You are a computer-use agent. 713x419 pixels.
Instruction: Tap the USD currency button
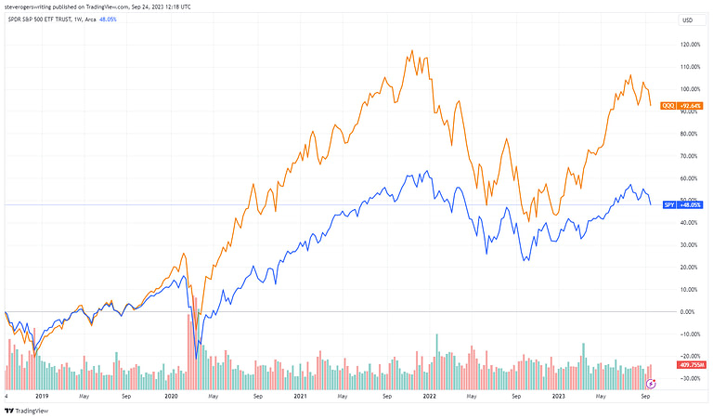pyautogui.click(x=687, y=20)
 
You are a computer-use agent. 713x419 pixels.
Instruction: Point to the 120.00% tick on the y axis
pyautogui.click(x=690, y=45)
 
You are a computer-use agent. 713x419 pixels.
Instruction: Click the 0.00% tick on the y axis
pyautogui.click(x=689, y=311)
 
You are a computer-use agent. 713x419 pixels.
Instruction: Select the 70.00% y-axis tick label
pyautogui.click(x=690, y=156)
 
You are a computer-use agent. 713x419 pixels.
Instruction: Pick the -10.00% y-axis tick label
pyautogui.click(x=689, y=334)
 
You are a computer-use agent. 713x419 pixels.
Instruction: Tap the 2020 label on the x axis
pyautogui.click(x=171, y=396)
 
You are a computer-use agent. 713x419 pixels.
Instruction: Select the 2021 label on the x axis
pyautogui.click(x=300, y=396)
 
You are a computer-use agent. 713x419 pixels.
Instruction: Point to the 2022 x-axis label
pyautogui.click(x=429, y=396)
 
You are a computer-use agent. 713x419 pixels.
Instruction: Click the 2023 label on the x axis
pyautogui.click(x=559, y=396)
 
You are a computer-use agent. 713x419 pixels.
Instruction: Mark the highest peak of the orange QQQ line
pyautogui.click(x=410, y=51)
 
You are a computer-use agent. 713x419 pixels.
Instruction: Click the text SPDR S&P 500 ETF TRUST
pyautogui.click(x=41, y=20)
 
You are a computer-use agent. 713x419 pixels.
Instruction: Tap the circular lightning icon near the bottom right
pyautogui.click(x=651, y=383)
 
